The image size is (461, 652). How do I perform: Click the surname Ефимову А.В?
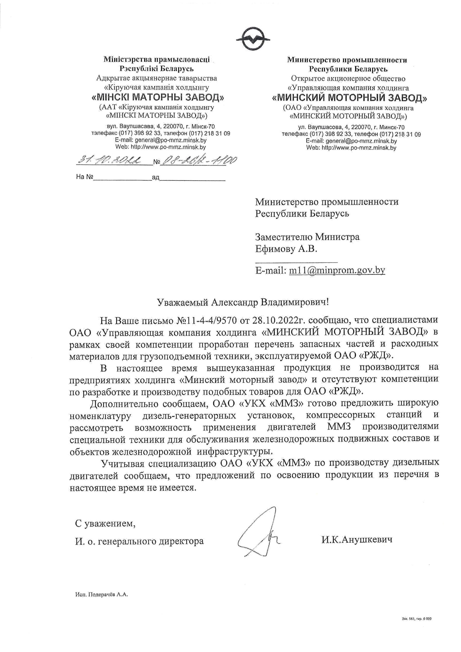tap(286, 249)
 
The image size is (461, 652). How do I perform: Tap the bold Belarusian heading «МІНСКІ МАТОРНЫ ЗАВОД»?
tap(158, 98)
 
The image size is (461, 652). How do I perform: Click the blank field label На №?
tap(85, 177)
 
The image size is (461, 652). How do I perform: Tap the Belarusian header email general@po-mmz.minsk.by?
tap(170, 140)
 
